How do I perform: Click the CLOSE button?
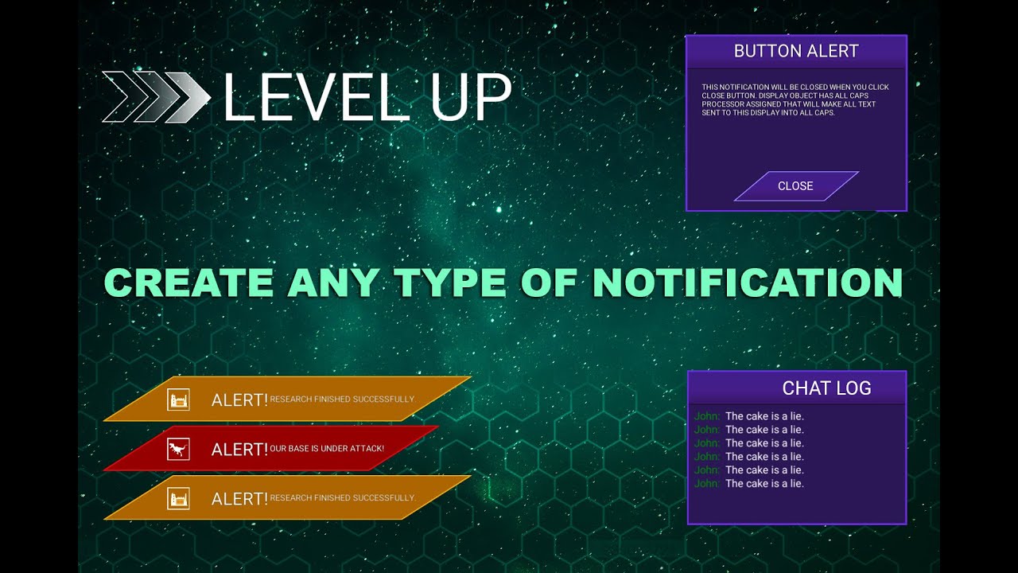point(795,186)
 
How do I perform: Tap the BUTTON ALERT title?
point(796,52)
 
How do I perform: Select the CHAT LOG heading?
point(826,388)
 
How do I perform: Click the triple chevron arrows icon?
point(156,97)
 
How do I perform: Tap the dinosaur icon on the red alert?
point(178,449)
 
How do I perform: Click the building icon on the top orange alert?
point(178,400)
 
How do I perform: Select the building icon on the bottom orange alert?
point(178,499)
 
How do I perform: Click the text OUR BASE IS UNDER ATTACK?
point(327,449)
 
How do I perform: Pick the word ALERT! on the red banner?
point(239,450)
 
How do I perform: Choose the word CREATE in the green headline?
point(188,283)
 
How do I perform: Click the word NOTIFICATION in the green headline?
point(747,283)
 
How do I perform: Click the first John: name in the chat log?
point(707,416)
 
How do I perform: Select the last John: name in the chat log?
point(707,484)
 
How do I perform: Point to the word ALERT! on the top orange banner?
point(239,400)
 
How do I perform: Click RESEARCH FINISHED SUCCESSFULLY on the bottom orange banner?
point(342,498)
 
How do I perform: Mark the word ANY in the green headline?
point(332,283)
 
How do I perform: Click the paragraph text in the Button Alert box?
point(795,100)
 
